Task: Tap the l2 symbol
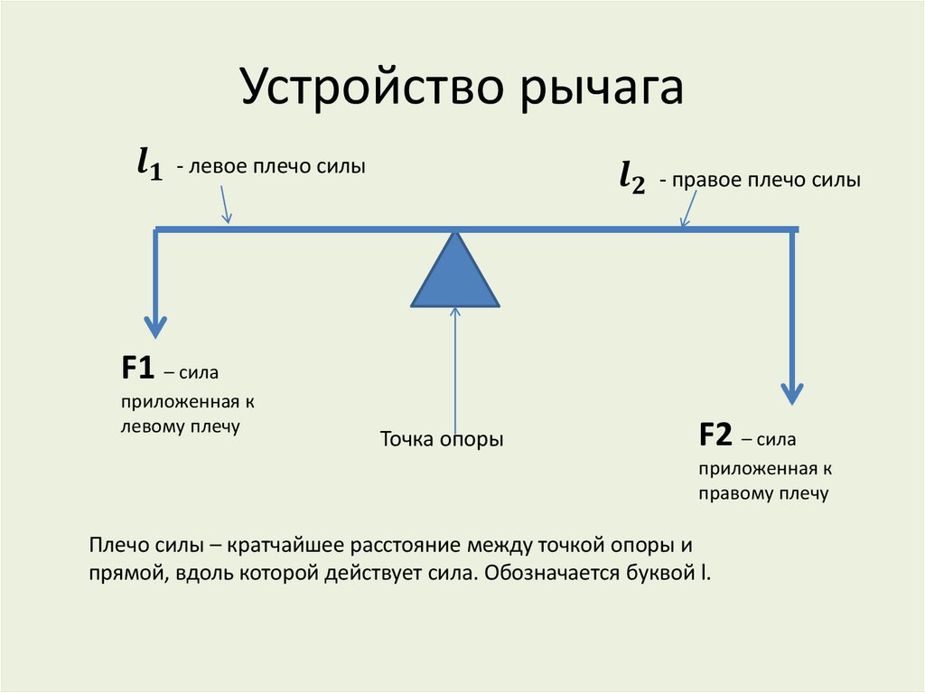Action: point(631,178)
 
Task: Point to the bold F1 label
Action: point(138,369)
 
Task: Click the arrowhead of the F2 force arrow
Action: point(792,393)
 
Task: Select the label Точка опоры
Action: point(441,440)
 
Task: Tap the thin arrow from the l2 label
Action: point(690,211)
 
